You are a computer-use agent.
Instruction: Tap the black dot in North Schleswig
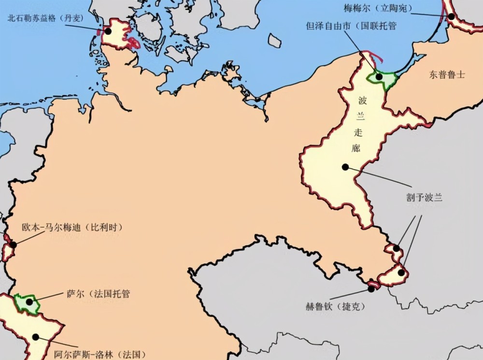(x=108, y=31)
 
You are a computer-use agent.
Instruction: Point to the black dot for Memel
(x=451, y=16)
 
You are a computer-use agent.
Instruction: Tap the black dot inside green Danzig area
(x=379, y=76)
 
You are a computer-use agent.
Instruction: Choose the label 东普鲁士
(x=447, y=74)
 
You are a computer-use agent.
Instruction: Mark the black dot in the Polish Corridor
(x=345, y=167)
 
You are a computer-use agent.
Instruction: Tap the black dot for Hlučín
(x=371, y=288)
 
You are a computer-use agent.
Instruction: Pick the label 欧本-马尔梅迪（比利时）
(x=72, y=227)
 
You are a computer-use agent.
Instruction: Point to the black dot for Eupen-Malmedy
(x=13, y=245)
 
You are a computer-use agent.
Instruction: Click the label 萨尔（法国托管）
(x=98, y=294)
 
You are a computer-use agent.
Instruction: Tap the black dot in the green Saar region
(x=29, y=302)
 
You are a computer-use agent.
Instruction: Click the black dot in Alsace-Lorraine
(x=35, y=337)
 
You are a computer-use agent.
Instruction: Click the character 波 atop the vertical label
(x=363, y=101)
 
